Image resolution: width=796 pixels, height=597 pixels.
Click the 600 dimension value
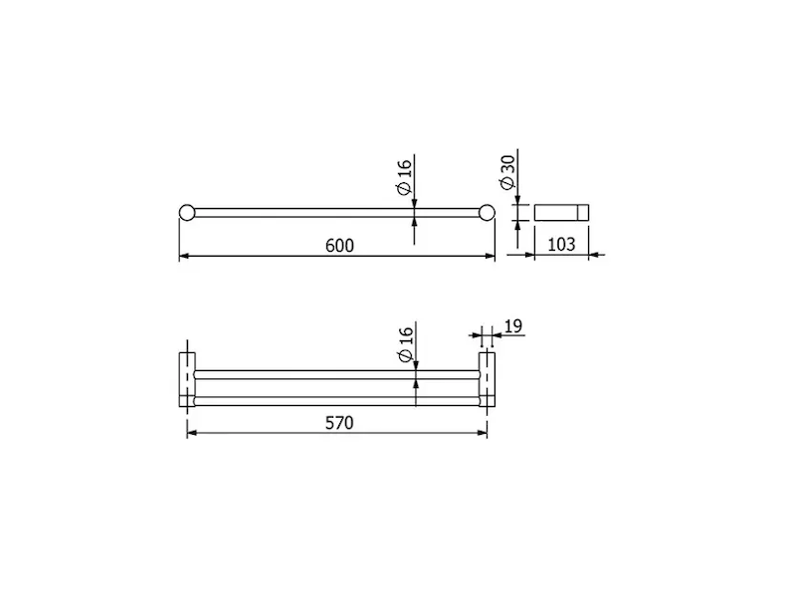click(x=339, y=246)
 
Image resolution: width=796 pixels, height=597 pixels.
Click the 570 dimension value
click(x=339, y=423)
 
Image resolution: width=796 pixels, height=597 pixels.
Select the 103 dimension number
click(x=561, y=244)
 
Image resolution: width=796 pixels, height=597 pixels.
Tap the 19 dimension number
click(x=513, y=326)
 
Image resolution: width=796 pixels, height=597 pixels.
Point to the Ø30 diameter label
click(x=507, y=172)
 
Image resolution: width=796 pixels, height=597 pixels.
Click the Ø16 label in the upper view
click(x=404, y=177)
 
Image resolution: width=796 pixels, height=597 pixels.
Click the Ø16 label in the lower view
click(x=406, y=344)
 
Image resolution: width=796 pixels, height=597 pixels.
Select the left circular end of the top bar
click(x=187, y=213)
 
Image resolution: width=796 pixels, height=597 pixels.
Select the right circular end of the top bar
click(x=487, y=213)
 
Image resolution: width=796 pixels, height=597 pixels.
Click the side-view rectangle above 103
click(x=561, y=213)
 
